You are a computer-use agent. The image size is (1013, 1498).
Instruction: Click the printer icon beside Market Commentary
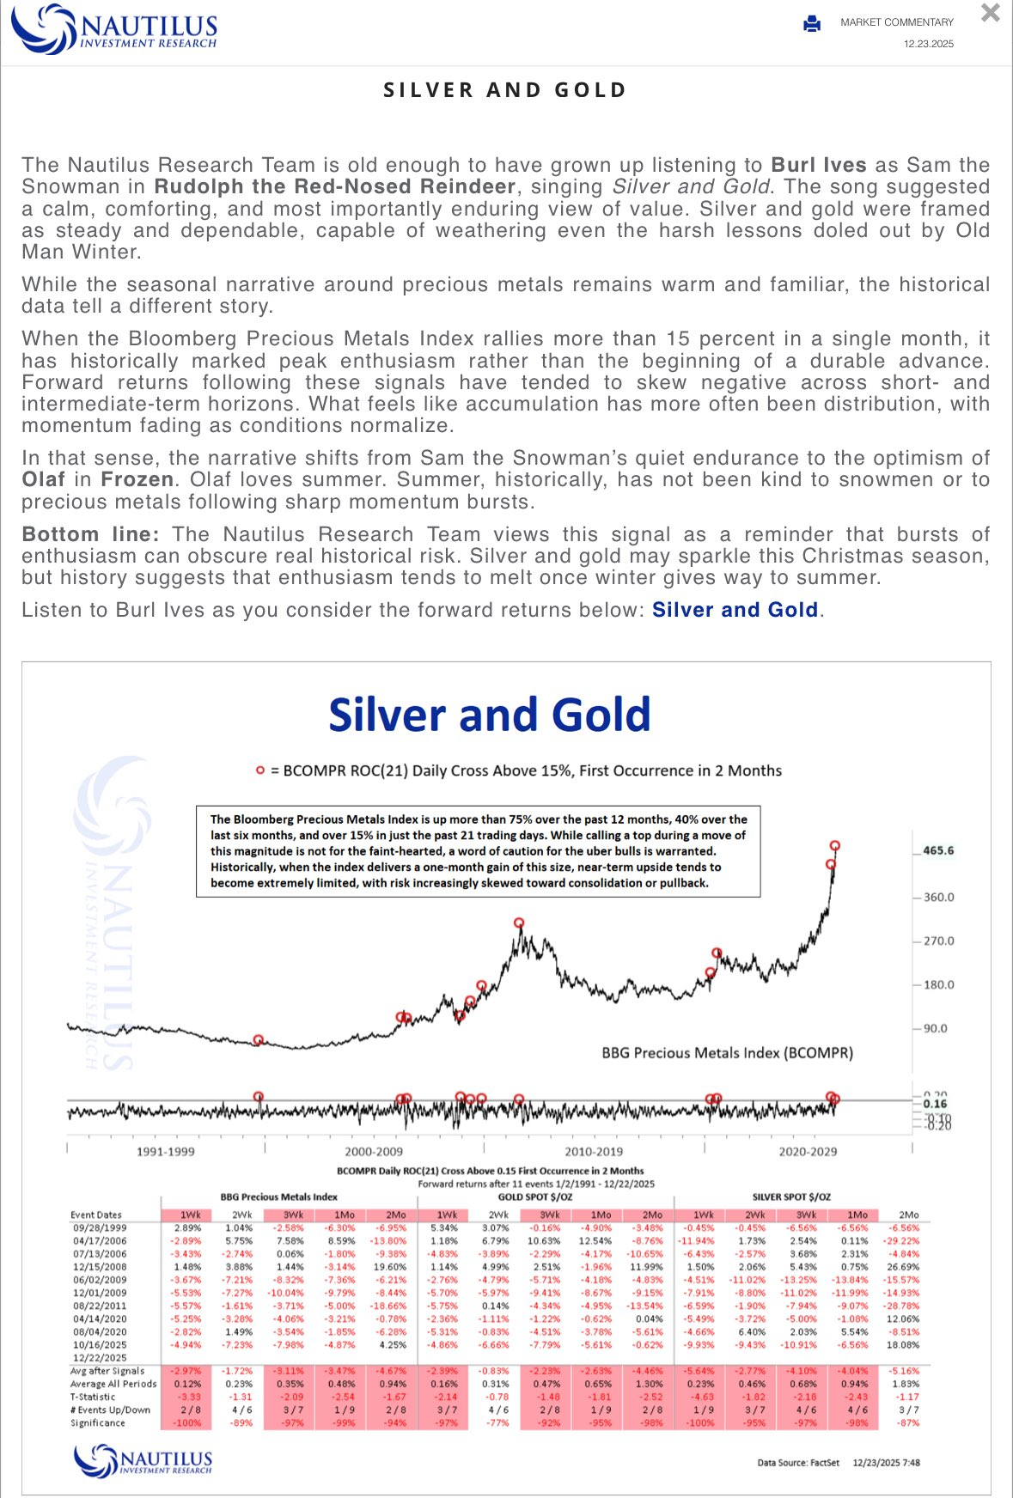812,24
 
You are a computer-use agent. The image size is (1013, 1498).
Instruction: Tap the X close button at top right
991,14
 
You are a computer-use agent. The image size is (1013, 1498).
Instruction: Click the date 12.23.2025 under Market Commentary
928,44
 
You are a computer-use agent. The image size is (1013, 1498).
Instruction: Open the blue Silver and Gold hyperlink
735,610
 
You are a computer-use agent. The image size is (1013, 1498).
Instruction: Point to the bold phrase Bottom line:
90,534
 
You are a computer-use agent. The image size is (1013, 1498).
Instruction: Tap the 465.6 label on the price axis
938,850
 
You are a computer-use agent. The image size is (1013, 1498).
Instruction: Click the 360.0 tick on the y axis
938,897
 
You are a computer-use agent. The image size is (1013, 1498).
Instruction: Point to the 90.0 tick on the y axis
935,1028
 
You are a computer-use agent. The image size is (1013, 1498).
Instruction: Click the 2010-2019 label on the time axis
594,1151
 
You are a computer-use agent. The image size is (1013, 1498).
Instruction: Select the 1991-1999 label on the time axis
165,1151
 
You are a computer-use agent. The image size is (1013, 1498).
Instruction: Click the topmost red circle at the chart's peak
834,846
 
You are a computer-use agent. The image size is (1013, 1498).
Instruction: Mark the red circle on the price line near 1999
259,1040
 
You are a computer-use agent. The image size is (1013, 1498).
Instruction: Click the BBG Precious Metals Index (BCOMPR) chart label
727,1052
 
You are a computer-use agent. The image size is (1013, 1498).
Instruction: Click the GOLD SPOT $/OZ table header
536,1197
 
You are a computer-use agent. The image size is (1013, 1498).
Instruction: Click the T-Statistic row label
93,1397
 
